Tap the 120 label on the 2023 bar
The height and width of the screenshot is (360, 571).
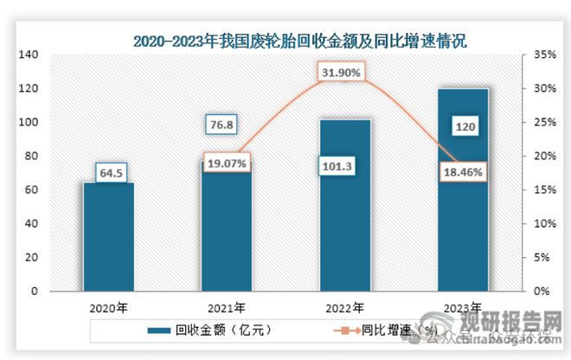tap(463, 127)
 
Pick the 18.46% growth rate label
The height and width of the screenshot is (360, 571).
tap(463, 171)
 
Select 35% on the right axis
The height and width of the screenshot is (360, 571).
tap(543, 55)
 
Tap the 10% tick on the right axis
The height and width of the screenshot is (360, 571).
tap(543, 223)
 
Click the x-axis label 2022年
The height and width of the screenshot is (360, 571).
tap(345, 306)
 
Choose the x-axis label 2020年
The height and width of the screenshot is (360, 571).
tap(109, 306)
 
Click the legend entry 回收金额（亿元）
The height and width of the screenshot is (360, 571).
tap(208, 330)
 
